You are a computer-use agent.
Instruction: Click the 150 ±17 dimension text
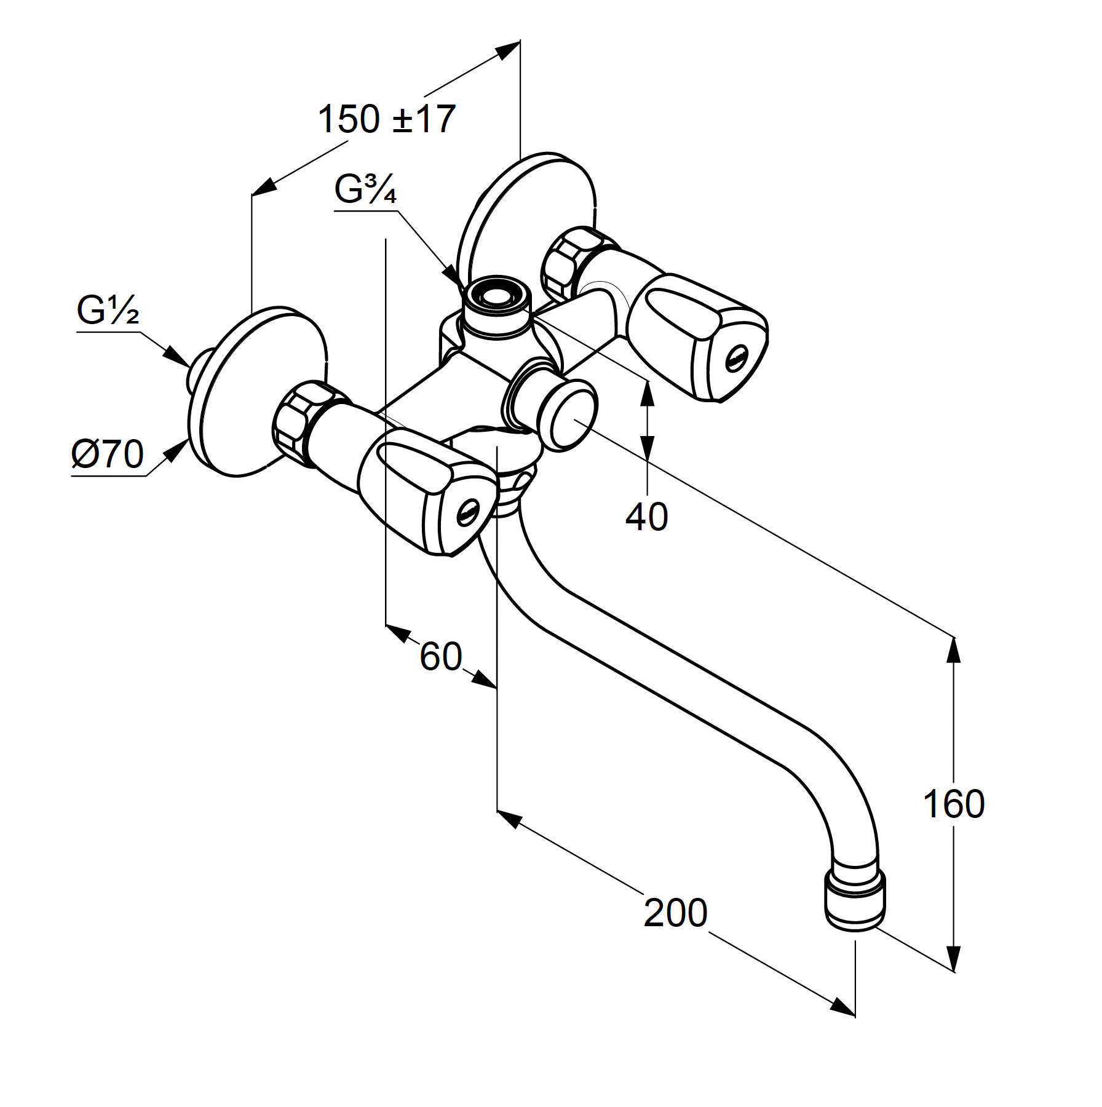tap(386, 119)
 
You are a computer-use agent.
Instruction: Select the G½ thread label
tap(108, 311)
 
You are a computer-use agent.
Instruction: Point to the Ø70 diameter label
tap(108, 454)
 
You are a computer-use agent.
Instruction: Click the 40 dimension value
tap(646, 517)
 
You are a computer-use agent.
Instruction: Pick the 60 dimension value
tap(440, 656)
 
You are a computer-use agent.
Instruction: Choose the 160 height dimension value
tap(954, 804)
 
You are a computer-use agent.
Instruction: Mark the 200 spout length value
tap(675, 913)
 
